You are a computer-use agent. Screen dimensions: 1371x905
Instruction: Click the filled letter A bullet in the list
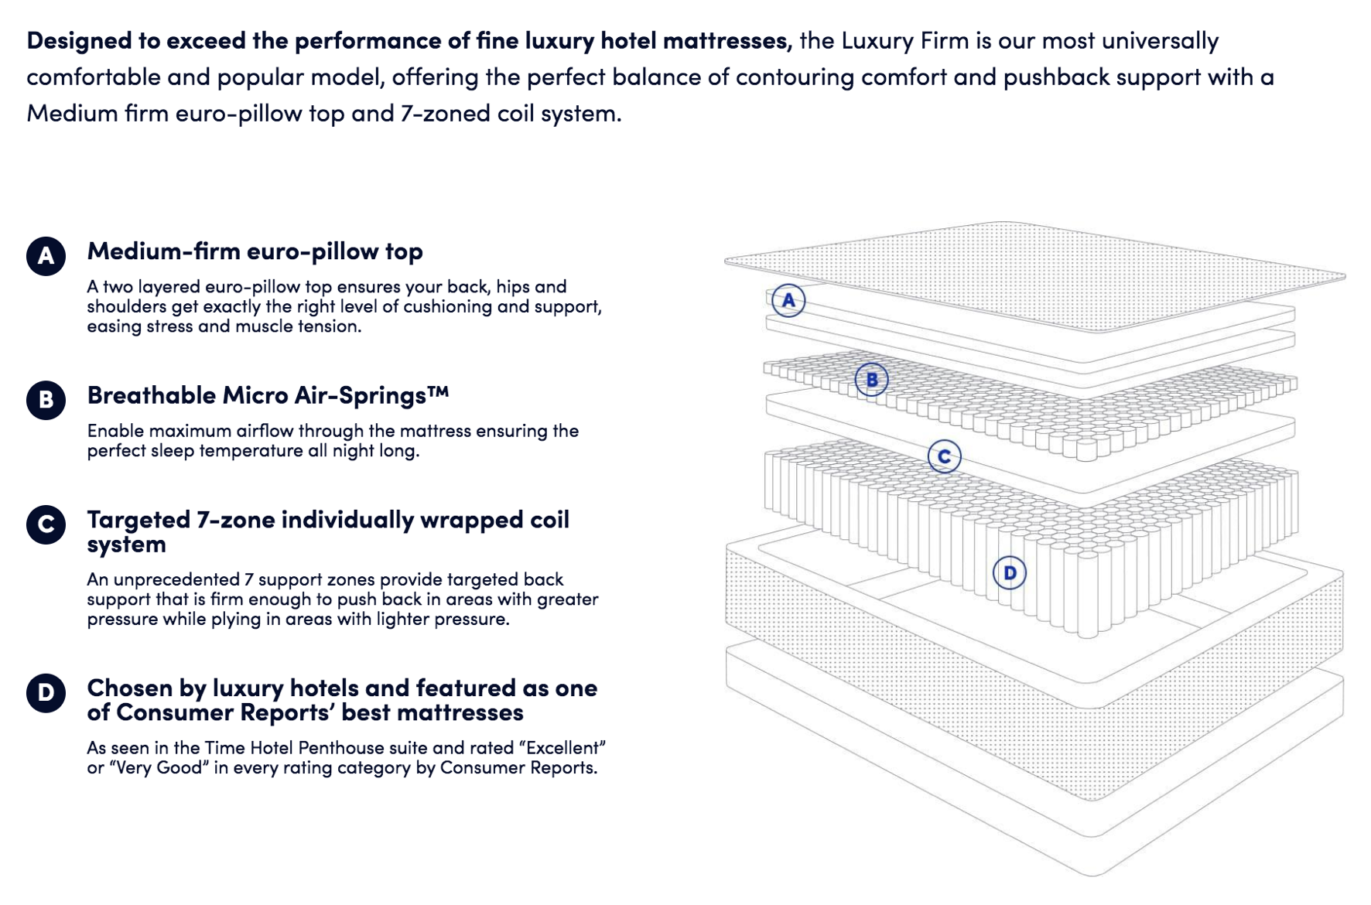click(x=46, y=256)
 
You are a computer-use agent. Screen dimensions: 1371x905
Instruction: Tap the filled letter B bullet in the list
click(x=46, y=400)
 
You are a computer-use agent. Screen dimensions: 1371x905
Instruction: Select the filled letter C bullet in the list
click(x=46, y=524)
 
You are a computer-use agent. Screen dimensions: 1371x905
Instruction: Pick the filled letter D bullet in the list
click(x=46, y=692)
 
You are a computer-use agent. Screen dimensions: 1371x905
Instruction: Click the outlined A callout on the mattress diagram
click(x=788, y=300)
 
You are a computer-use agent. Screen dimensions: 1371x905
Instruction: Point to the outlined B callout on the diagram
click(x=872, y=379)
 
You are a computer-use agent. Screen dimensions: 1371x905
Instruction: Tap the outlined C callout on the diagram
click(x=945, y=456)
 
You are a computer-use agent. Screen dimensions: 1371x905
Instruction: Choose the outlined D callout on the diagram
click(x=1010, y=573)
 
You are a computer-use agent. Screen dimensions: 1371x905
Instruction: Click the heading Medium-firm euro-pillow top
click(x=255, y=251)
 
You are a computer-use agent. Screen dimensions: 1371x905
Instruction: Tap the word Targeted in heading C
click(x=138, y=520)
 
